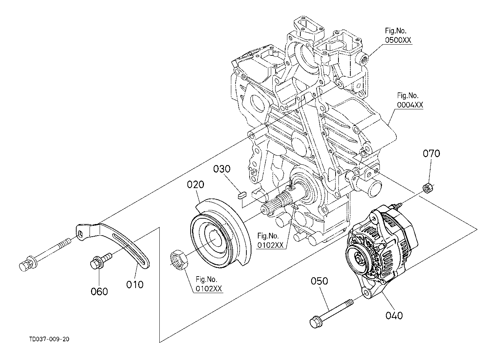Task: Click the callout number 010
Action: click(x=135, y=284)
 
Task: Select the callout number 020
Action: click(x=196, y=184)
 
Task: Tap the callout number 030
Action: click(x=222, y=169)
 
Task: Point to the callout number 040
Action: click(x=394, y=315)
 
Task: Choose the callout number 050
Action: click(x=319, y=281)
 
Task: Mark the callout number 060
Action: click(x=99, y=292)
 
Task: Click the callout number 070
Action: click(x=431, y=154)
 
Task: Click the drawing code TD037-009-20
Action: click(x=49, y=339)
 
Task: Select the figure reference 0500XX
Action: click(x=398, y=40)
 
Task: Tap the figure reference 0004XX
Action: click(x=410, y=105)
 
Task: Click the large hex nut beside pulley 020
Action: click(x=179, y=259)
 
